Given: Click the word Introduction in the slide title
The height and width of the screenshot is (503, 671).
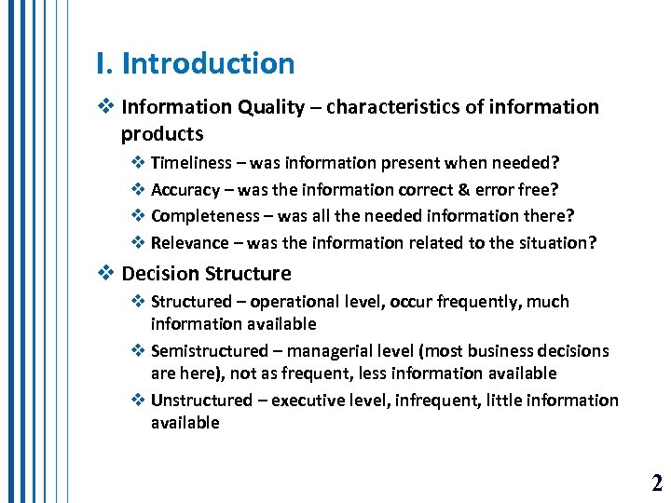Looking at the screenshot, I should click(x=208, y=64).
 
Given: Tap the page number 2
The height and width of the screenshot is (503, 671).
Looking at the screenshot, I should click(x=657, y=483).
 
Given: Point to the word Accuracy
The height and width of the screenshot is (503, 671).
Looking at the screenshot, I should click(x=185, y=190).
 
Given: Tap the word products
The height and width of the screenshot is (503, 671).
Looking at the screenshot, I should click(x=162, y=134).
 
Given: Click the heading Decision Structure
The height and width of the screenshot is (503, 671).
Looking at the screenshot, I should click(x=206, y=274).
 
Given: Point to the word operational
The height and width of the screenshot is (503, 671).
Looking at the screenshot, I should click(x=294, y=302).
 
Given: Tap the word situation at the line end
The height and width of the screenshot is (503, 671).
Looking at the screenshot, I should click(x=559, y=243).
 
